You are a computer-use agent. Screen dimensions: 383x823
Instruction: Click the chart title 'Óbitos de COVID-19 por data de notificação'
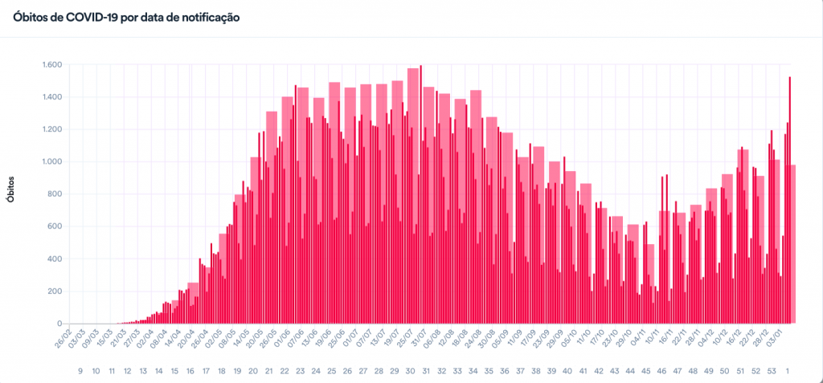point(126,16)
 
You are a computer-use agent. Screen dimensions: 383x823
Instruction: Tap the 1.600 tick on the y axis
point(55,65)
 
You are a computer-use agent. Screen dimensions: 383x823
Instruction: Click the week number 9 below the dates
point(80,371)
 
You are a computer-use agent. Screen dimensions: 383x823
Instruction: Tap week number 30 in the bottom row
point(410,371)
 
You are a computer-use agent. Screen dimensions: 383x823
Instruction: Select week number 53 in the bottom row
point(772,371)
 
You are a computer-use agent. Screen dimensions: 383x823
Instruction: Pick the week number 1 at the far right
point(788,371)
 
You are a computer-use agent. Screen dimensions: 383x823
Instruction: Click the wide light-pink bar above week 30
point(413,193)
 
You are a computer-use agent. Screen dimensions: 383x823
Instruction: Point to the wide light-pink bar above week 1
point(791,241)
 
